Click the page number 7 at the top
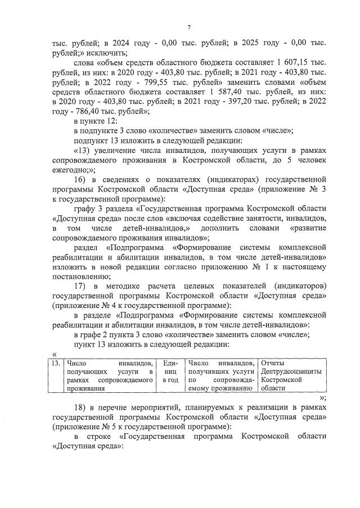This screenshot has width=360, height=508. pyautogui.click(x=190, y=27)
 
